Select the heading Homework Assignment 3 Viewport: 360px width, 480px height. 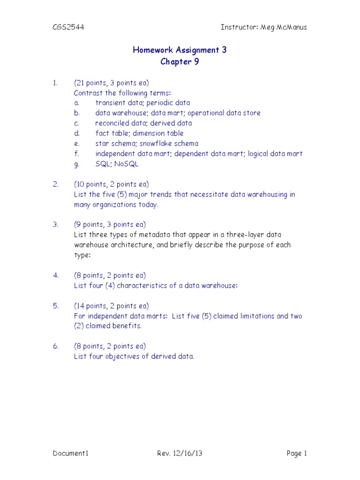pos(180,50)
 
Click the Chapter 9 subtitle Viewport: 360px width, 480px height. pos(180,62)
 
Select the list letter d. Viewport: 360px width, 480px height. pos(76,134)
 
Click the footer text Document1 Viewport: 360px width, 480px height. pos(70,453)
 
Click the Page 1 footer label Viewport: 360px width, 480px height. pos(296,453)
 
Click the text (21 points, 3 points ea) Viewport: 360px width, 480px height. pos(112,83)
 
